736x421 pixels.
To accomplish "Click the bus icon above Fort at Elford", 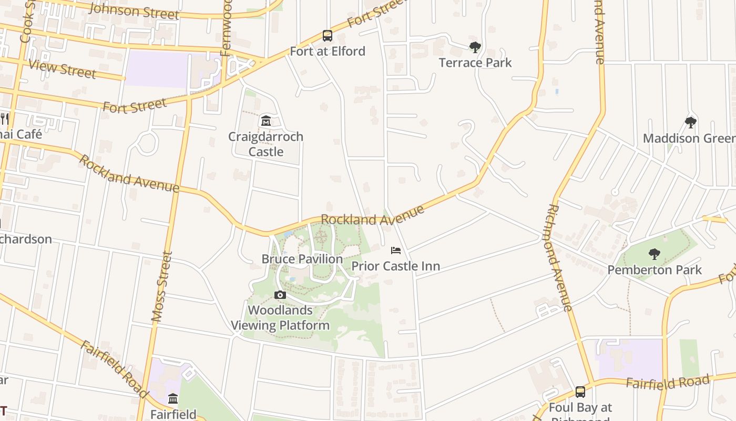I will pos(328,36).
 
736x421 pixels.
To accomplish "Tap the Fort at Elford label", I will pos(328,51).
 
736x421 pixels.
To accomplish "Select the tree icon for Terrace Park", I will pos(475,47).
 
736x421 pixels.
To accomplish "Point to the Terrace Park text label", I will pos(475,63).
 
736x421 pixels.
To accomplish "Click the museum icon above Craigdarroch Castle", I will pos(266,121).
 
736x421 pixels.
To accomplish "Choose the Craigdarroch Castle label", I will pos(266,144).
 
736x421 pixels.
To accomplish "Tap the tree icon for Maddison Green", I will pos(691,123).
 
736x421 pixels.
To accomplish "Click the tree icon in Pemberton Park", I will pos(655,255).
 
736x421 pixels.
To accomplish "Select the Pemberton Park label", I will pos(655,270).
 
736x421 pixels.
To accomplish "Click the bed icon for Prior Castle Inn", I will pos(396,250).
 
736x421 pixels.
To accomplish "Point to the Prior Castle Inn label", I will pos(396,266).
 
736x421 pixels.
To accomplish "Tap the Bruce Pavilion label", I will pos(302,259).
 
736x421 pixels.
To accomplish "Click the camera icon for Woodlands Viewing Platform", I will pos(280,295).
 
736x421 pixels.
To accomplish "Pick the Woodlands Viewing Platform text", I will pos(280,318).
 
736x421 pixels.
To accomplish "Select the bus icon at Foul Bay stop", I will pos(580,392).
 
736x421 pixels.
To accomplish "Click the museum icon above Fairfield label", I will pos(173,399).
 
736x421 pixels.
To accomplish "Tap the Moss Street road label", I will pos(162,287).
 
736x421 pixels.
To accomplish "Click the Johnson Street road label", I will pos(135,11).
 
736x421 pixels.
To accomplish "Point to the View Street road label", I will pos(63,69).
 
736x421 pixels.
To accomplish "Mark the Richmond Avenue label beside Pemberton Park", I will pos(559,258).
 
